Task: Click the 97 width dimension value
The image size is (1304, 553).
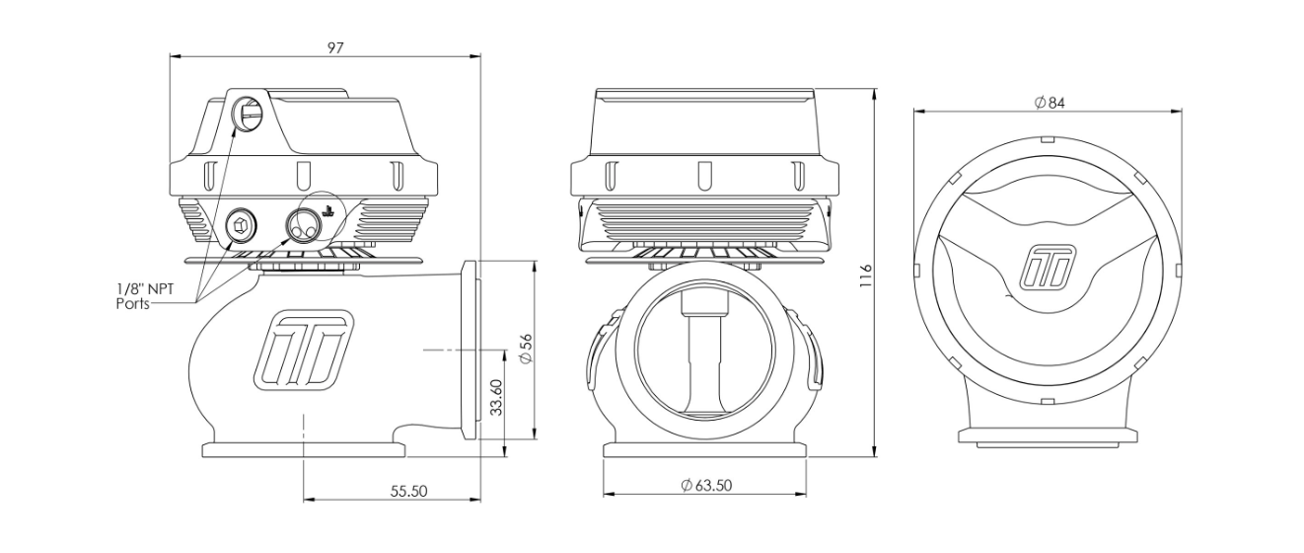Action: coord(335,47)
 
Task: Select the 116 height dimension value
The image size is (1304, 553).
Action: coord(866,276)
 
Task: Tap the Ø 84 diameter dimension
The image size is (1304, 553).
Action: coord(1050,103)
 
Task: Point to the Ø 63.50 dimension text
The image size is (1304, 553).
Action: coord(706,485)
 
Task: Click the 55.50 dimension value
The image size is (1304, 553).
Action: coord(408,491)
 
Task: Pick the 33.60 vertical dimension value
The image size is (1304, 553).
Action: coord(496,397)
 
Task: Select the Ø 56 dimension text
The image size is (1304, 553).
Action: coord(526,349)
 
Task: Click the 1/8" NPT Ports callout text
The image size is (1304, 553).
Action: coord(145,296)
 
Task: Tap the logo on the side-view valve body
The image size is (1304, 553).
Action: coord(304,350)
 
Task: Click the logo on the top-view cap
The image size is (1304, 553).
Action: coord(1048,268)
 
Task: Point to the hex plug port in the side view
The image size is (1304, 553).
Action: coord(241,223)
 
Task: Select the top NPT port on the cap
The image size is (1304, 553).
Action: coord(248,115)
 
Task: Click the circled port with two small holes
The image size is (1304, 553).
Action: coord(304,224)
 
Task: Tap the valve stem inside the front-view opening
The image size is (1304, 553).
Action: coord(704,355)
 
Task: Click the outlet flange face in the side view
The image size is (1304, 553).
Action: coord(470,351)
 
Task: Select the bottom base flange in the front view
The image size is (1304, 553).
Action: coord(705,450)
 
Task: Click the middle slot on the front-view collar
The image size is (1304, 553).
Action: coord(704,176)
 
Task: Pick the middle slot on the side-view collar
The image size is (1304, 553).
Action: coord(303,176)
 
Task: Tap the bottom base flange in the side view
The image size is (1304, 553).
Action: coord(303,450)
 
